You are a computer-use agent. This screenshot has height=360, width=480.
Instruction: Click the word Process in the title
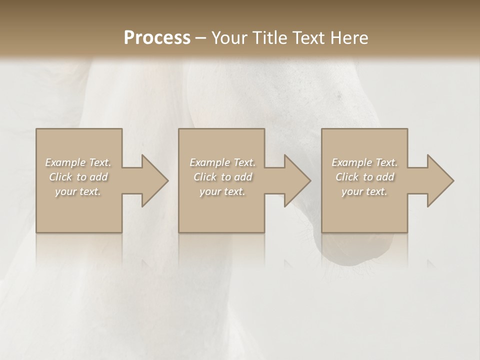(x=157, y=38)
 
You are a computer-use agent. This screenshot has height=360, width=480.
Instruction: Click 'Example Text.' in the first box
(x=78, y=162)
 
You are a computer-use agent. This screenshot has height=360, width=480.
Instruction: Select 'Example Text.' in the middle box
(x=222, y=162)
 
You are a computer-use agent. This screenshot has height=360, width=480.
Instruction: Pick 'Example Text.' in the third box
(x=364, y=162)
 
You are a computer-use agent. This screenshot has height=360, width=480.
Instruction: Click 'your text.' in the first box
(x=78, y=192)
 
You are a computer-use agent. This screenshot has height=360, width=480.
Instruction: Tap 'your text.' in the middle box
(x=222, y=192)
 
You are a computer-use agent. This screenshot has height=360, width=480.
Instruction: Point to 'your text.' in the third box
(x=364, y=192)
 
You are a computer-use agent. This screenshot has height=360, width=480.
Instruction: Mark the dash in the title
(x=200, y=38)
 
